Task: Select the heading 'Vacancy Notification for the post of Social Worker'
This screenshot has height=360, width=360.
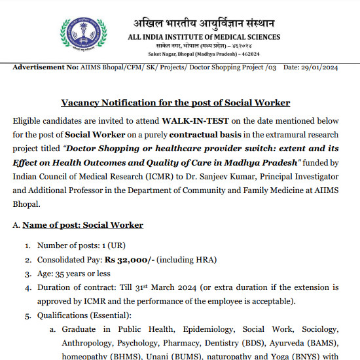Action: [175, 103]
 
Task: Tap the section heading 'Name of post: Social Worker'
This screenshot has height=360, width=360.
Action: [83, 225]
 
